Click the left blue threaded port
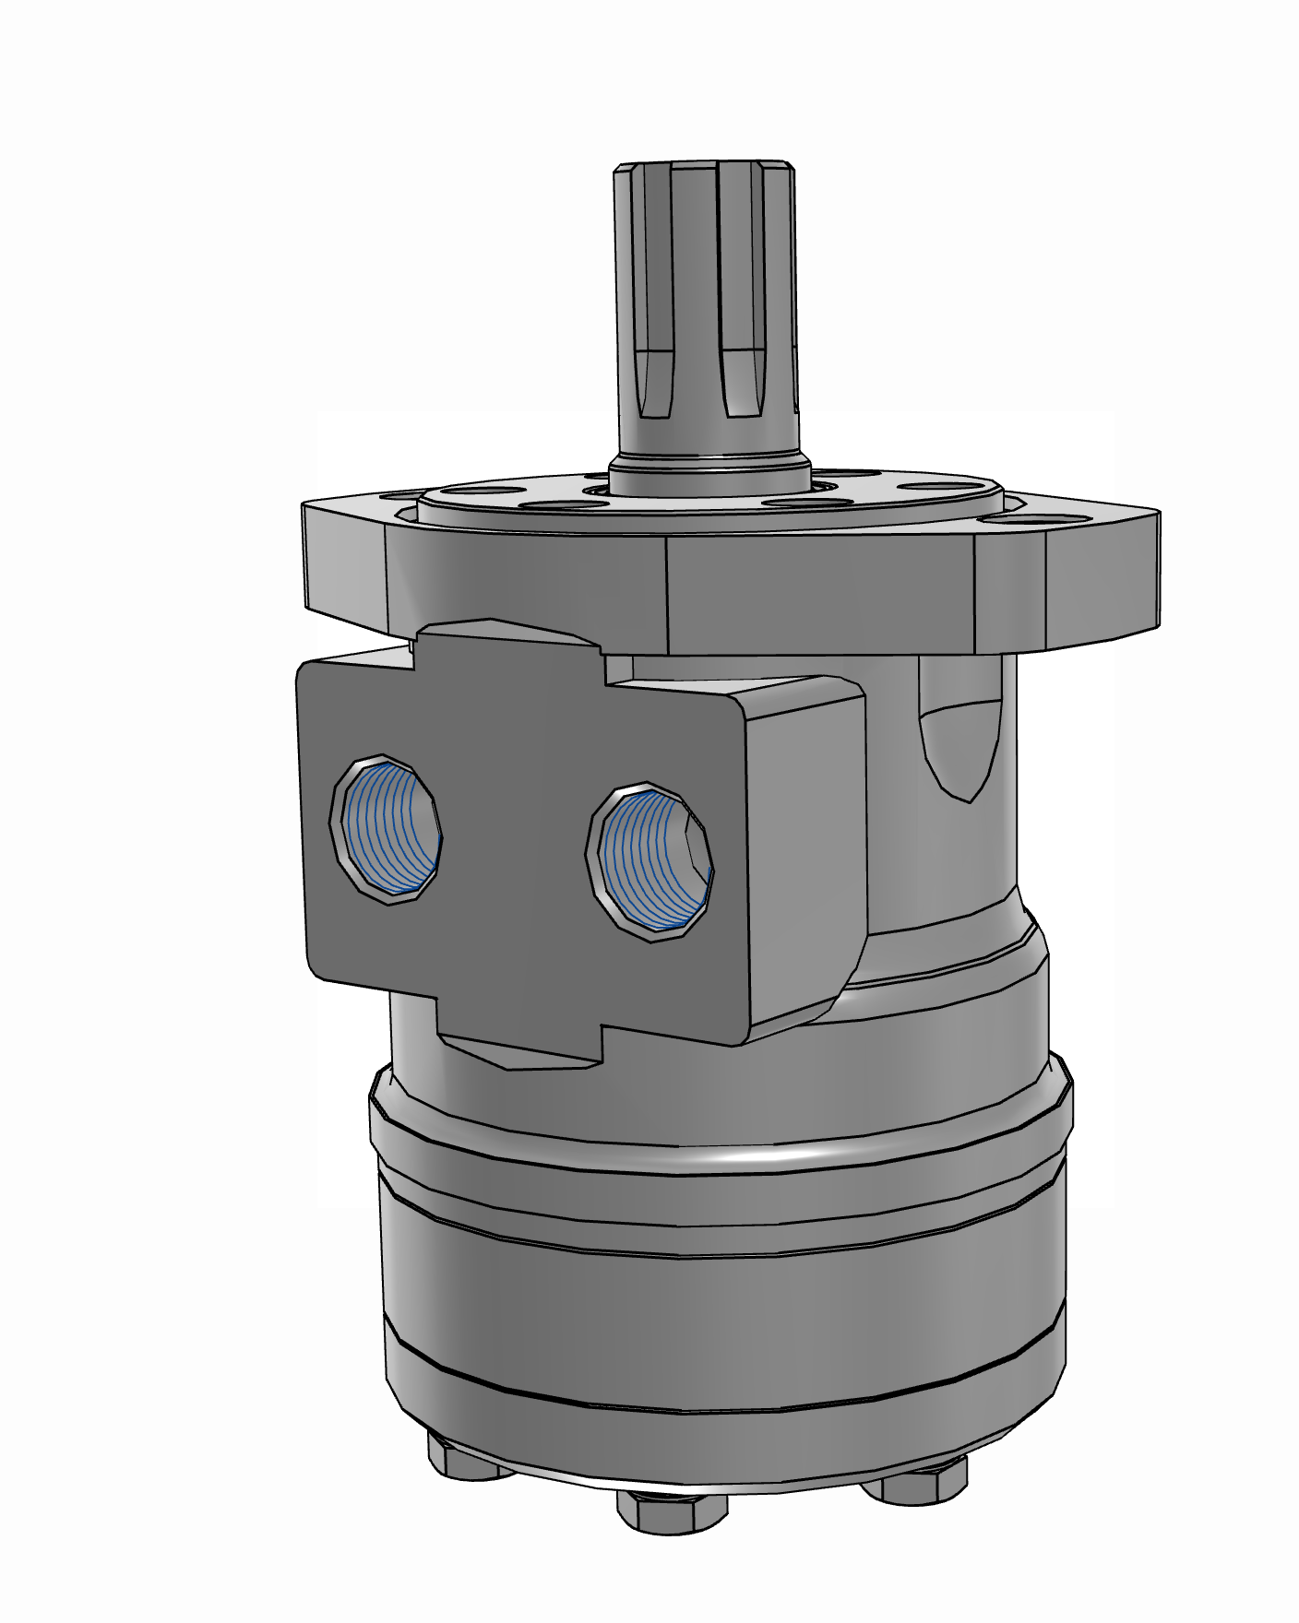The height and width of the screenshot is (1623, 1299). [x=386, y=826]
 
